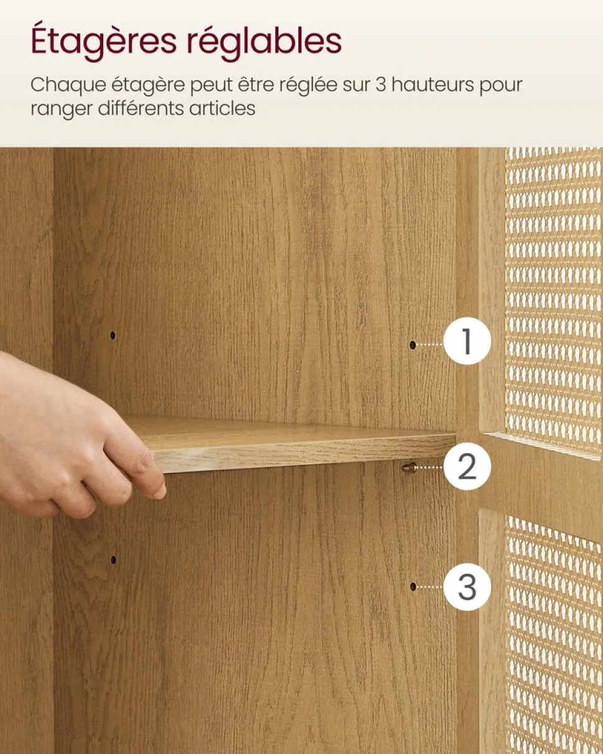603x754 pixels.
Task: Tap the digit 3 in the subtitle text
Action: click(x=381, y=85)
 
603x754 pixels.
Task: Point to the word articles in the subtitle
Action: click(x=222, y=109)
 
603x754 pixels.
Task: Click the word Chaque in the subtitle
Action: click(x=68, y=86)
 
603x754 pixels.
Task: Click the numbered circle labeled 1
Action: click(x=467, y=341)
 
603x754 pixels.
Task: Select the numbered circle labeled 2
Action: click(x=467, y=466)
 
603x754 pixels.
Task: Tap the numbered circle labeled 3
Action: click(x=467, y=587)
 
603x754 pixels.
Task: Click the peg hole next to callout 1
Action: click(x=413, y=345)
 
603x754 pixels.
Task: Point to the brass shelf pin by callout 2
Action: click(x=409, y=467)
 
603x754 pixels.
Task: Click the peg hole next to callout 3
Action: click(x=413, y=587)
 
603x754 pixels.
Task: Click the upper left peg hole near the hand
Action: click(x=113, y=335)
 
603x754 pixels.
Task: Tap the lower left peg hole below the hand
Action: click(x=113, y=559)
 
